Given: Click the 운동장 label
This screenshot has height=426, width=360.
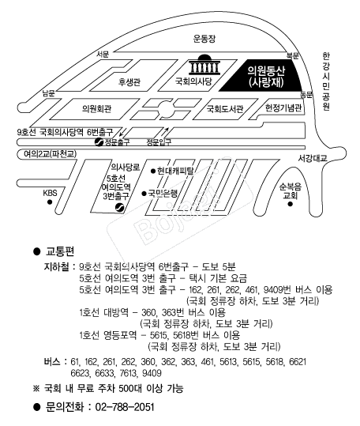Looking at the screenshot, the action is pyautogui.click(x=204, y=39).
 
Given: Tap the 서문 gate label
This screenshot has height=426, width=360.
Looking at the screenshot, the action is pyautogui.click(x=103, y=54).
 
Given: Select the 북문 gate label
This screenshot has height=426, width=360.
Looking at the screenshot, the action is pyautogui.click(x=292, y=55).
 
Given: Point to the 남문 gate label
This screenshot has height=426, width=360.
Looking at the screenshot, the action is pyautogui.click(x=49, y=93).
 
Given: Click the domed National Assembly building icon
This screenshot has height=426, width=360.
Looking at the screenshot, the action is pyautogui.click(x=204, y=65).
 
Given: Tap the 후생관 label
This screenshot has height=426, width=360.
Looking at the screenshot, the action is pyautogui.click(x=129, y=81).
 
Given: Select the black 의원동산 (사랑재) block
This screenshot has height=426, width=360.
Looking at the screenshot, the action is pyautogui.click(x=262, y=75).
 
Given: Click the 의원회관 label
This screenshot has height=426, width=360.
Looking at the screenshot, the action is pyautogui.click(x=97, y=109).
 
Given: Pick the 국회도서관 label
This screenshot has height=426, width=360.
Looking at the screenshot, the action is pyautogui.click(x=225, y=109).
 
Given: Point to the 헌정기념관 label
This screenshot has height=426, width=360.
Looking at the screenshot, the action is pyautogui.click(x=283, y=107).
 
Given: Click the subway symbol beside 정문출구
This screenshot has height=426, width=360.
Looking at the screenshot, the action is pyautogui.click(x=99, y=141).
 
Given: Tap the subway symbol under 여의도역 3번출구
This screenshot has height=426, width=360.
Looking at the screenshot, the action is pyautogui.click(x=120, y=207).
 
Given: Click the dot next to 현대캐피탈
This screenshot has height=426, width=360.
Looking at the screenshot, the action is pyautogui.click(x=153, y=172).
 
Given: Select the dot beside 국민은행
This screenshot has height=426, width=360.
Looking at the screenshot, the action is pyautogui.click(x=144, y=194).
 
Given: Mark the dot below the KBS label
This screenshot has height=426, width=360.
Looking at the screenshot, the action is pyautogui.click(x=50, y=202).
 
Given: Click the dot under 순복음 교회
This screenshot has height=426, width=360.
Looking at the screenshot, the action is pyautogui.click(x=290, y=204).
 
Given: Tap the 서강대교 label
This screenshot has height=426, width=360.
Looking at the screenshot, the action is pyautogui.click(x=313, y=158).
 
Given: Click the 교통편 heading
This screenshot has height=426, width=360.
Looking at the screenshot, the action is pyautogui.click(x=60, y=251).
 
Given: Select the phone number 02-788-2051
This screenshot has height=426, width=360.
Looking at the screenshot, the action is pyautogui.click(x=125, y=407).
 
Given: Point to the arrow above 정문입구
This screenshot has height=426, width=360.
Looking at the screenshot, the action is pyautogui.click(x=165, y=131).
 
